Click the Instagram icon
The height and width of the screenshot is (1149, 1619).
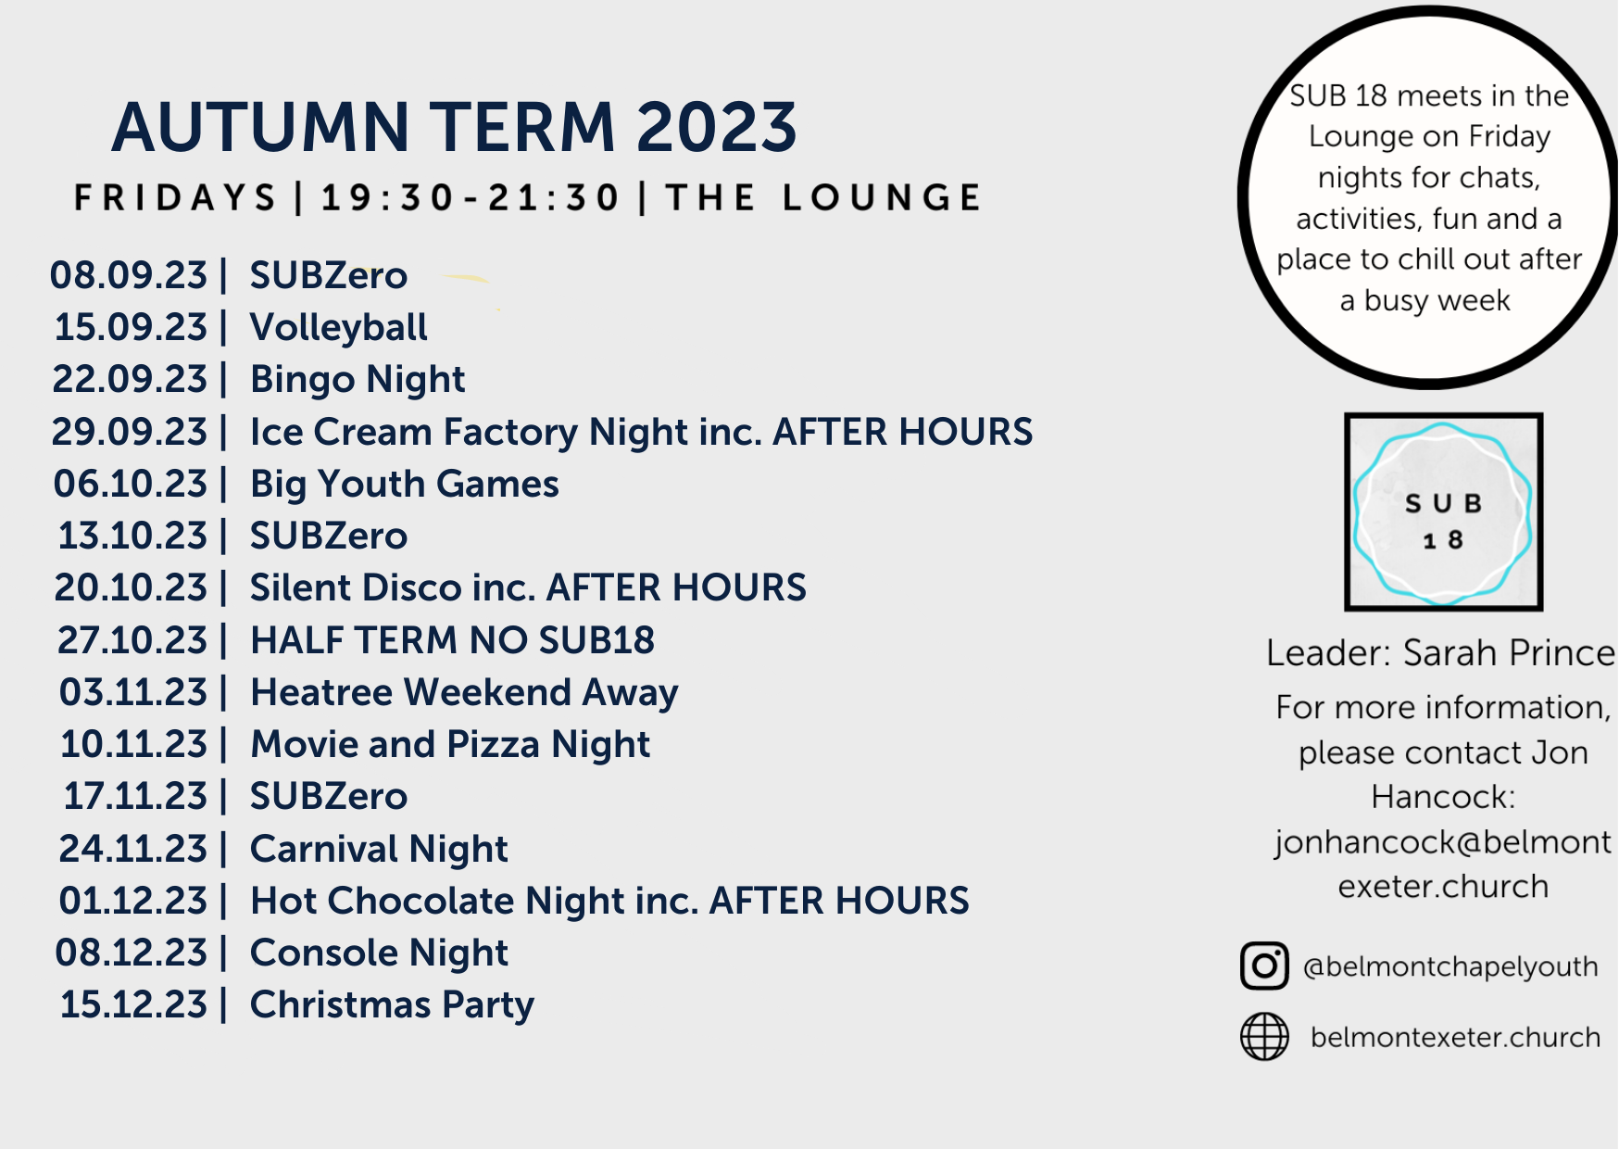coord(1264,966)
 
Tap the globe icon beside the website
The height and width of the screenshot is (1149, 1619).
coord(1264,1036)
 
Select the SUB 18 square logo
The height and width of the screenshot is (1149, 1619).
coord(1443,511)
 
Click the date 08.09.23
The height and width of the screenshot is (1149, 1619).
coord(129,275)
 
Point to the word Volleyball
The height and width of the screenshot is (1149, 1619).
coord(339,328)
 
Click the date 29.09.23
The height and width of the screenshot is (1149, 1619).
coord(129,432)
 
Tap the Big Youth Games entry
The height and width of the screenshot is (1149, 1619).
coord(405,485)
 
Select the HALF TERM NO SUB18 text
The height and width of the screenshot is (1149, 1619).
coord(453,640)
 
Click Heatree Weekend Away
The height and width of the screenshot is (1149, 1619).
coord(464,693)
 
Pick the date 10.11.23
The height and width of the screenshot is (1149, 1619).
coord(133,744)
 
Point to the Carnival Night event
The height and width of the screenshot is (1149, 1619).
coord(379,850)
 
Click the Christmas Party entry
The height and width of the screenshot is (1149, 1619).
coord(392,1005)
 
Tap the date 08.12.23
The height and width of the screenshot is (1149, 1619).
coord(132,953)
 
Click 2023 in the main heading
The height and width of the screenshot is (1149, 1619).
coord(717,127)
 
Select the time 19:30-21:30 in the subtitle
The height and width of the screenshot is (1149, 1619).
coord(471,197)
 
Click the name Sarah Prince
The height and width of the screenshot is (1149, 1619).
coord(1509,653)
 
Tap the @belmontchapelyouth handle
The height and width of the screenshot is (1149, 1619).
coord(1450,966)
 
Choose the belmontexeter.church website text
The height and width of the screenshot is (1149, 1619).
coord(1455,1037)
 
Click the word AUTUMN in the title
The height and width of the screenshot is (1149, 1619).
coord(260,127)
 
